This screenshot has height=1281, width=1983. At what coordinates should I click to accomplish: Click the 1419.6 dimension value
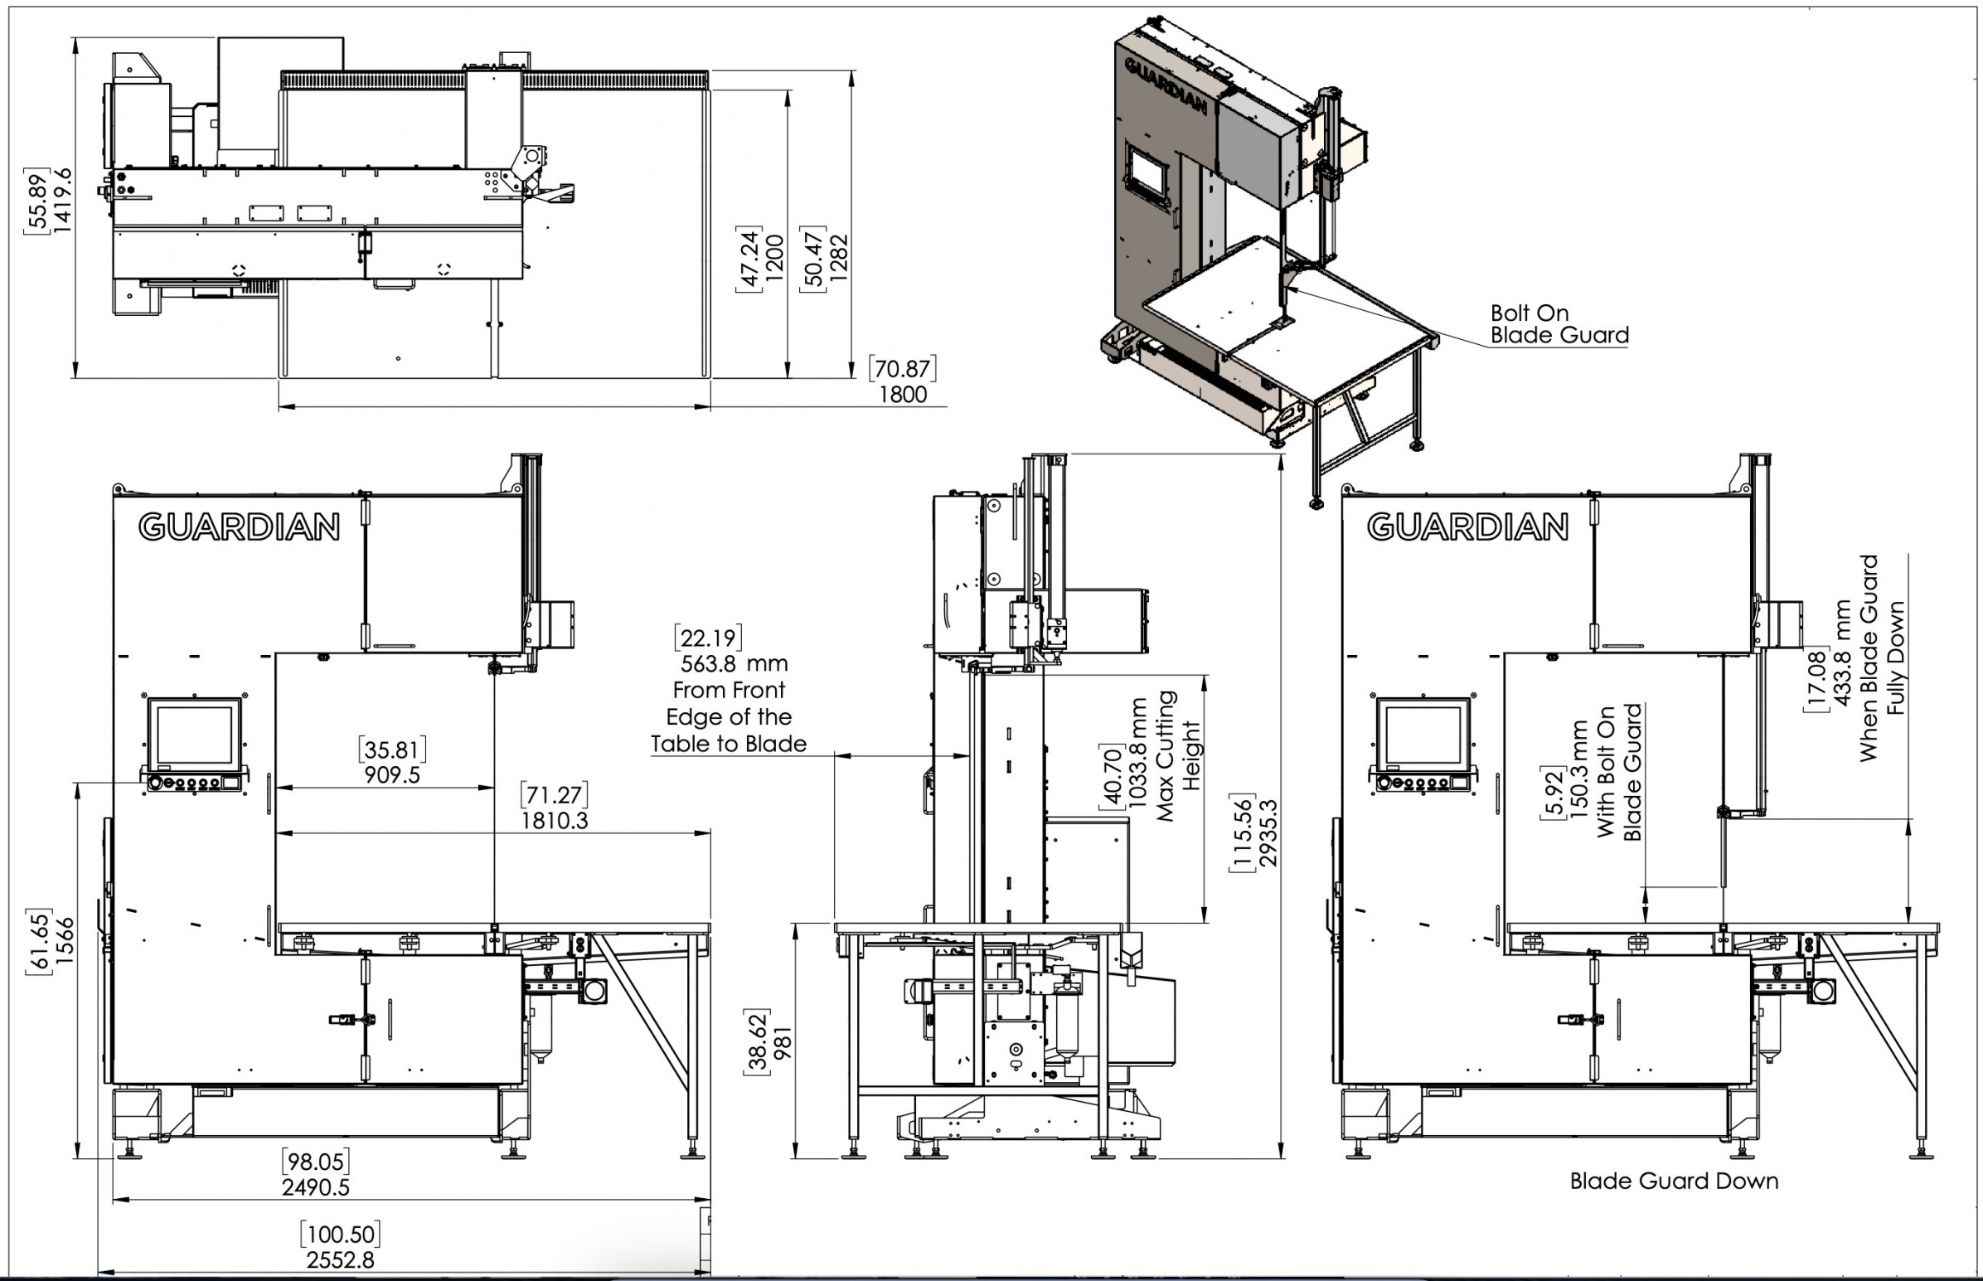pyautogui.click(x=63, y=201)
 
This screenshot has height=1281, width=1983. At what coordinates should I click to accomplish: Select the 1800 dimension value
pyautogui.click(x=903, y=395)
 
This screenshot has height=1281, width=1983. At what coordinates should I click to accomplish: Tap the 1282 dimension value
pyautogui.click(x=840, y=258)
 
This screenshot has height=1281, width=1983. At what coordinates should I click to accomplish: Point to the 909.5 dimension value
pyautogui.click(x=392, y=775)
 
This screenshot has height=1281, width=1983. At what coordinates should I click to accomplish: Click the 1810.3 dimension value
pyautogui.click(x=555, y=821)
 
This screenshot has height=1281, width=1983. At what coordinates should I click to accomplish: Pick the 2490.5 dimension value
pyautogui.click(x=316, y=1187)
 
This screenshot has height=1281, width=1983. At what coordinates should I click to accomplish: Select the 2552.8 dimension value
pyautogui.click(x=340, y=1260)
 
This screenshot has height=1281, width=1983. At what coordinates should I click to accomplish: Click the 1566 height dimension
pyautogui.click(x=64, y=940)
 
